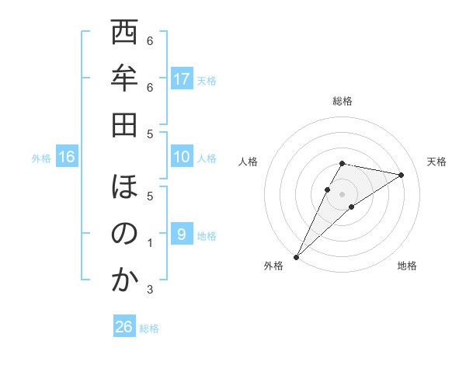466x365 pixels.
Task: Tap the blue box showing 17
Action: (182, 79)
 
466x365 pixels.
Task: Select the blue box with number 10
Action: (182, 158)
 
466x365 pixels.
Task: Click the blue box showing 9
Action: (182, 235)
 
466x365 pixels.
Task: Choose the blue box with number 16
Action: (67, 158)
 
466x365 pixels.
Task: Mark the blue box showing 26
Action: (124, 327)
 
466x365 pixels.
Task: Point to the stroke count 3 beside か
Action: (151, 290)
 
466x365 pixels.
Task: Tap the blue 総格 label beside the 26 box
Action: (149, 328)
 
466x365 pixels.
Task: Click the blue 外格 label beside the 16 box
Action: (41, 158)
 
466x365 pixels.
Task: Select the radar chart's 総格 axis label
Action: (342, 101)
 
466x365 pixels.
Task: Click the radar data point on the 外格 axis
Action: (296, 256)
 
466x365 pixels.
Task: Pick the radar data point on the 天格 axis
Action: (401, 176)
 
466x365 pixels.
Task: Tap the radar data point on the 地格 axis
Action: (352, 207)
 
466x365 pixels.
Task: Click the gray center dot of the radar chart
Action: (342, 193)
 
